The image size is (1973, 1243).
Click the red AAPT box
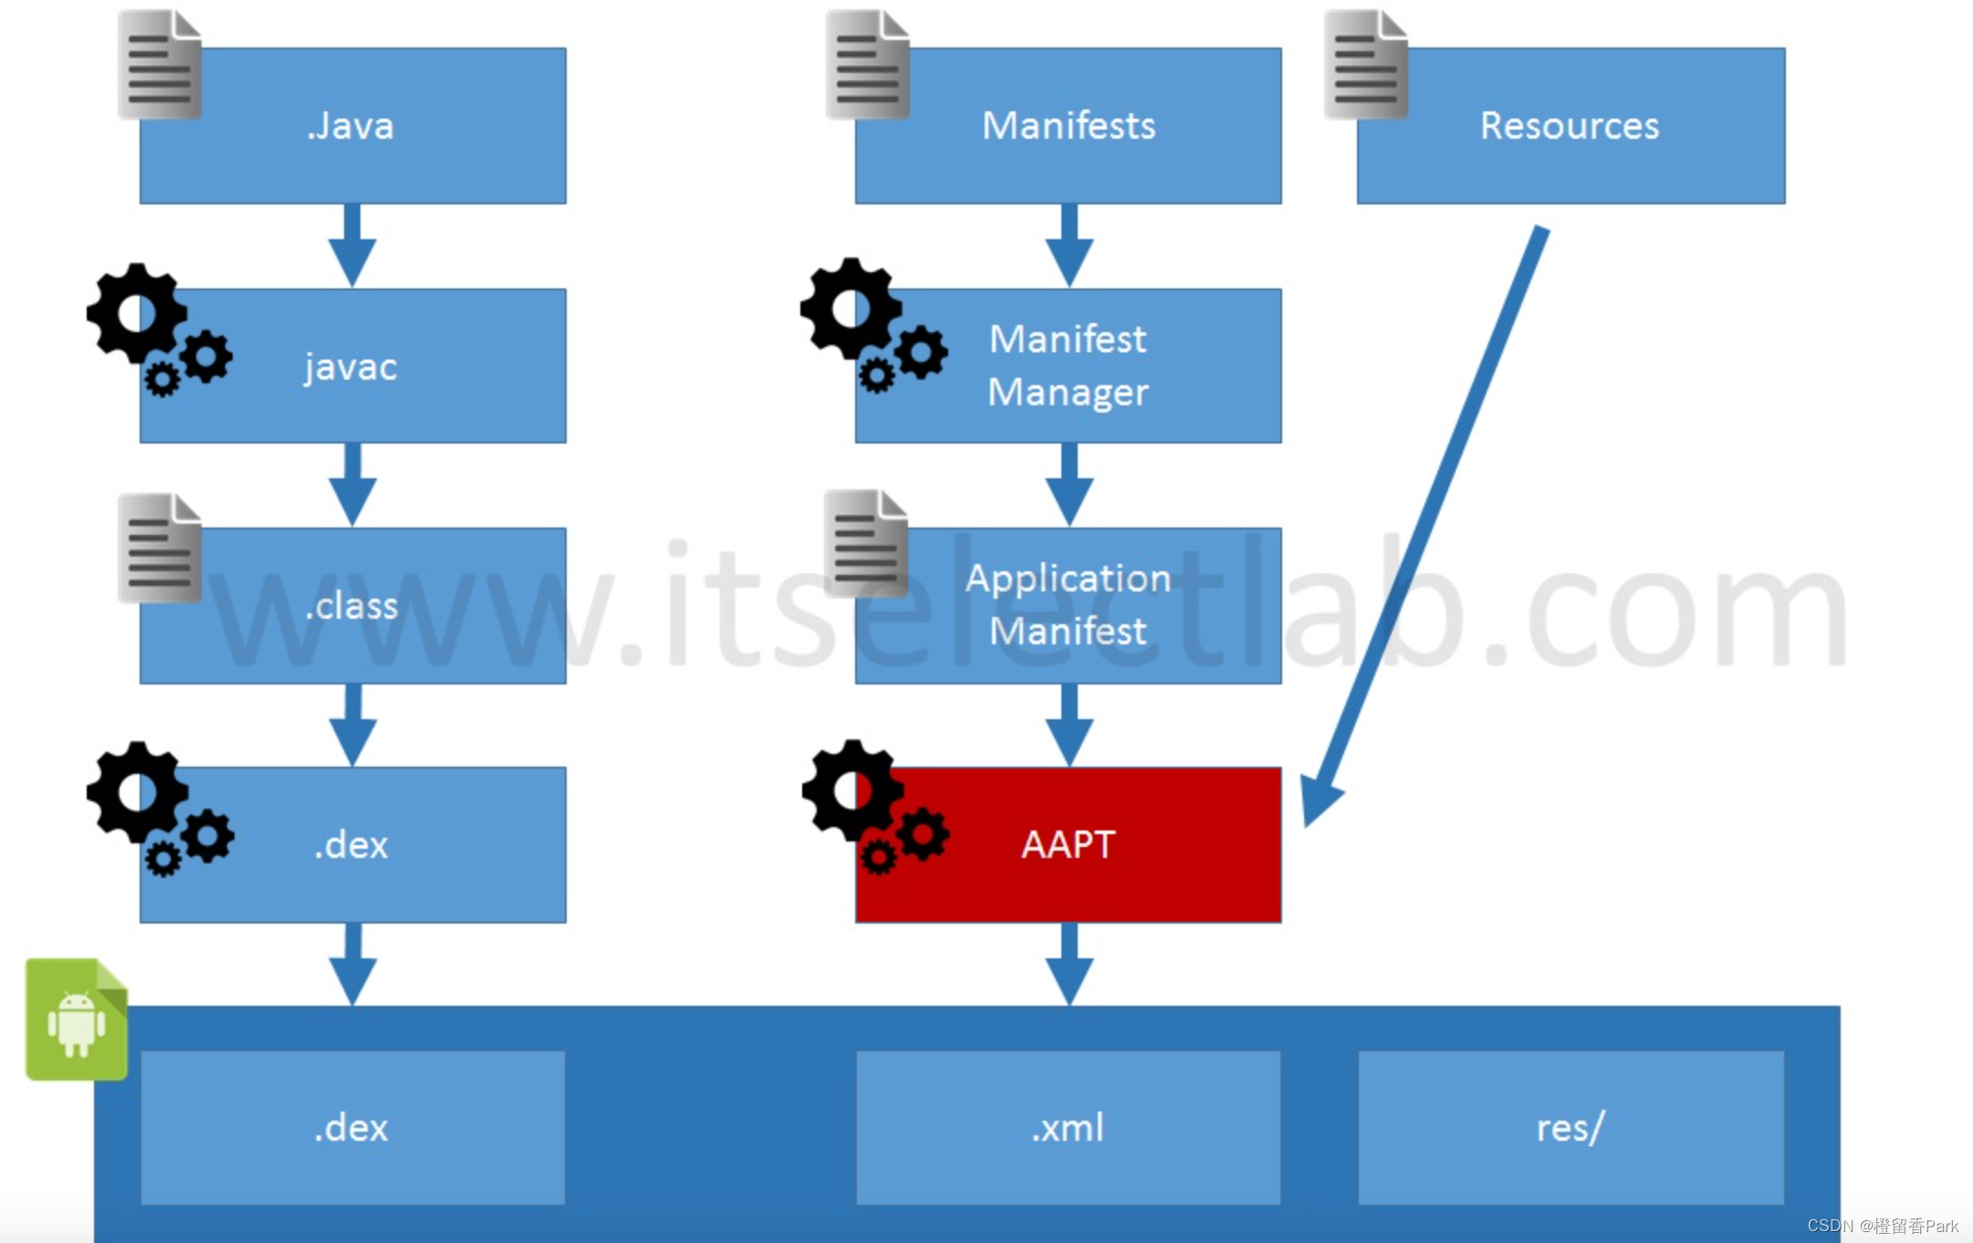(1068, 845)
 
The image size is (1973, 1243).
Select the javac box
(352, 367)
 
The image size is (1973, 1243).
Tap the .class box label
(352, 606)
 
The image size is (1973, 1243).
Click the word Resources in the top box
(1570, 126)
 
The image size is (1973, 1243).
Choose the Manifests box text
(1068, 126)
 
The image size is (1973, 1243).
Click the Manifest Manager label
(1068, 366)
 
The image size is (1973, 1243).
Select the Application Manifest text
(1068, 605)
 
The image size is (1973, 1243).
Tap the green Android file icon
(77, 1019)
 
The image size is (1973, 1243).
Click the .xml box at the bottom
(1068, 1128)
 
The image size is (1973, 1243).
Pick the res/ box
(1570, 1128)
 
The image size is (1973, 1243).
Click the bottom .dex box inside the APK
(352, 1128)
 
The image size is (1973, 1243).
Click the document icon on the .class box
(159, 548)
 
